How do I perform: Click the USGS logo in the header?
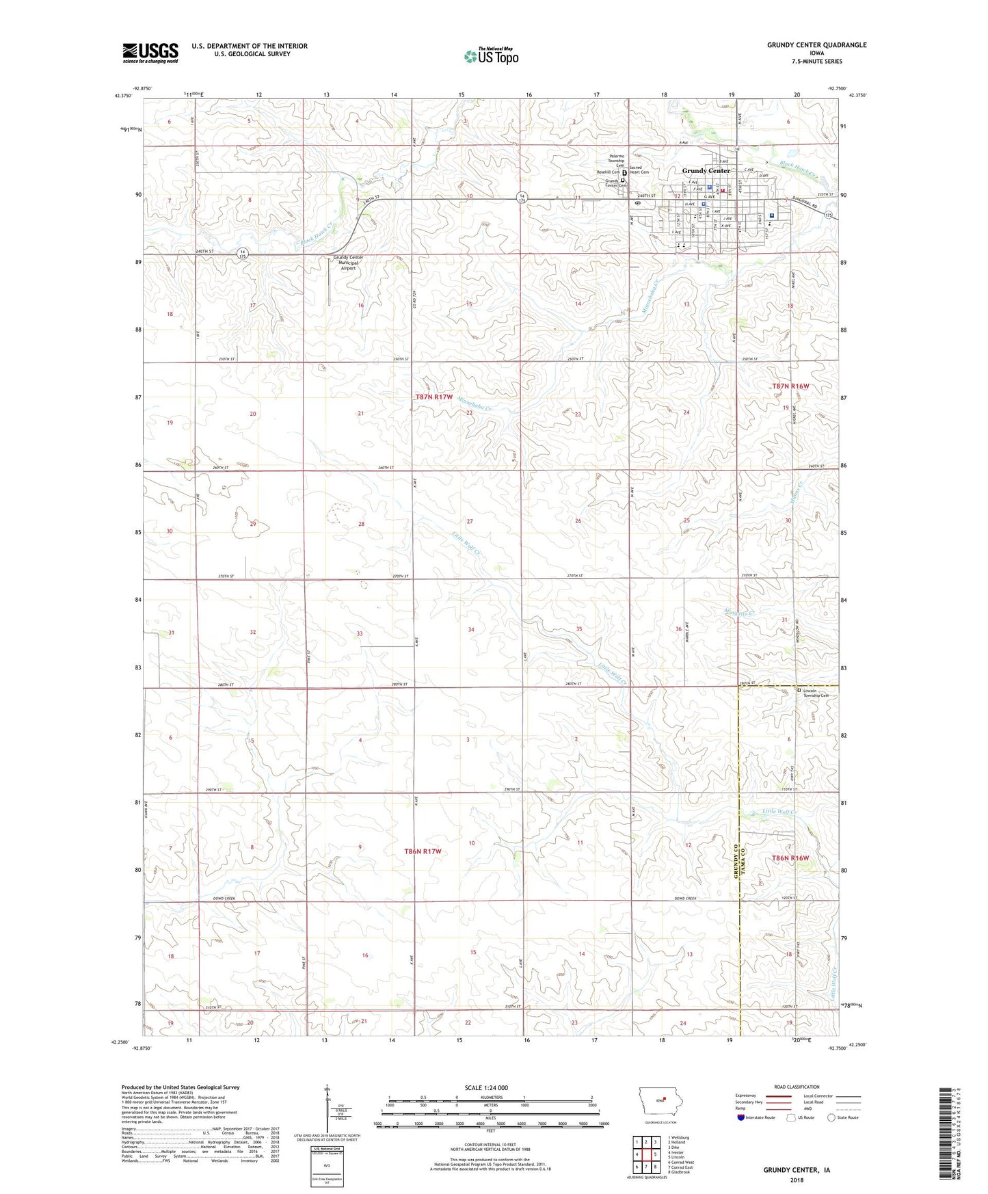point(150,52)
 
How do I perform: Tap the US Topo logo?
point(490,56)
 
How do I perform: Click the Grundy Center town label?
point(706,170)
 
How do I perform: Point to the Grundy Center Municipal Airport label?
point(348,263)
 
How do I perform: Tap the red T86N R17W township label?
point(423,851)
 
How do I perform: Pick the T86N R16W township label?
point(790,858)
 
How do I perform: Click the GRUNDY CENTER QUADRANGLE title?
point(816,45)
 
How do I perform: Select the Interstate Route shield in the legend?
point(741,1117)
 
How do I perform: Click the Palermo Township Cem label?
point(612,161)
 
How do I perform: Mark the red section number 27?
point(470,521)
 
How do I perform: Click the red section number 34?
point(471,629)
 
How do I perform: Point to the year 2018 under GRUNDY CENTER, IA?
point(796,1180)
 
